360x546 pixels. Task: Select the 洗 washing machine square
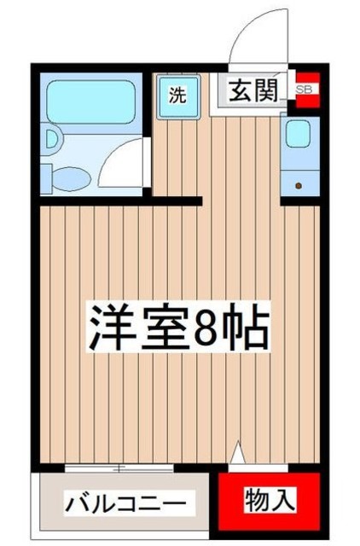pyautogui.click(x=177, y=94)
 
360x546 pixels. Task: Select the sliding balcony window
pyautogui.click(x=125, y=468)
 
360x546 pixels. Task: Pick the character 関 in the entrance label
pyautogui.click(x=267, y=89)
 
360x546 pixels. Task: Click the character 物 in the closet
pyautogui.click(x=258, y=500)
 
